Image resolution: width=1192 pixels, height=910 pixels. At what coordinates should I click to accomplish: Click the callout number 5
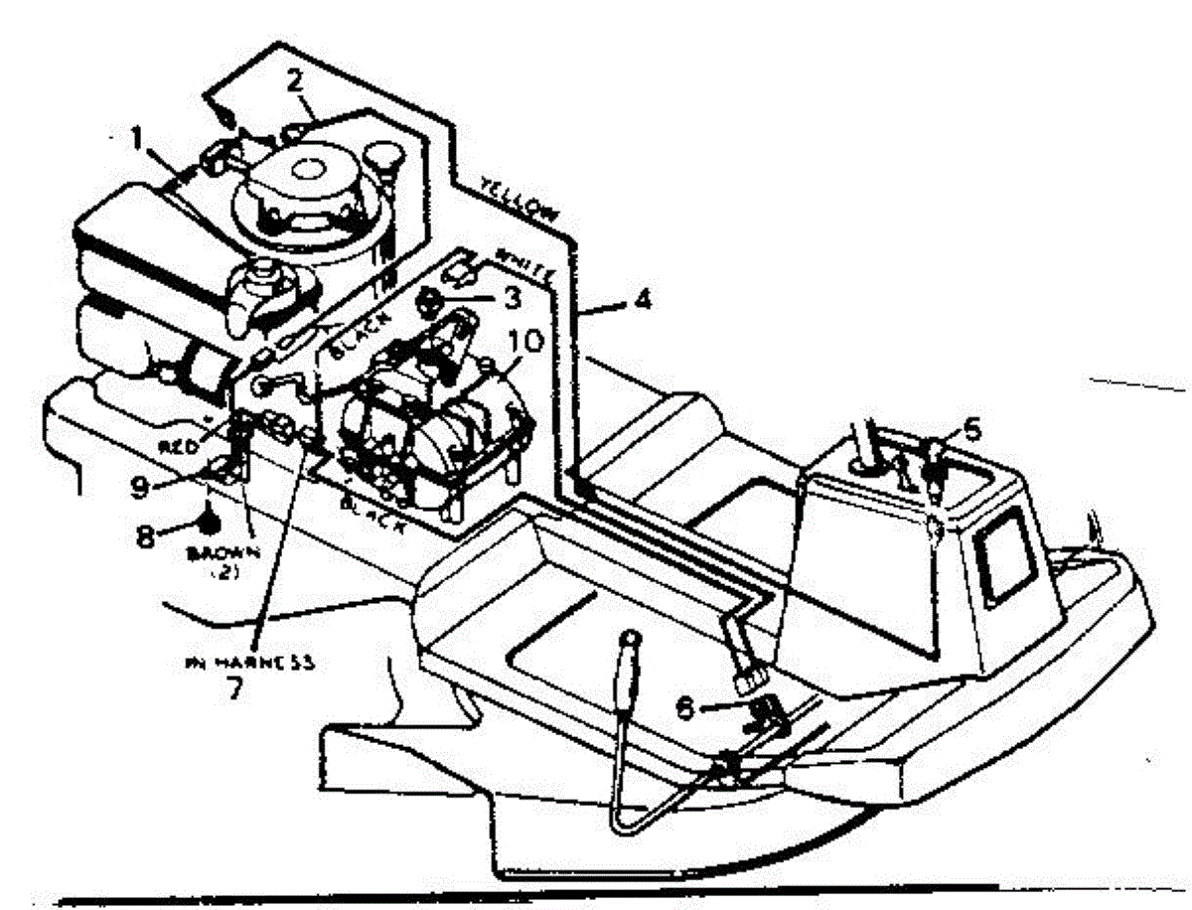tap(972, 430)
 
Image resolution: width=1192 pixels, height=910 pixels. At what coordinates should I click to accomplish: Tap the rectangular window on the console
tap(1006, 561)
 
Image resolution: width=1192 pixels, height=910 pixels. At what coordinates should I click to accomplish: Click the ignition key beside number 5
tap(936, 467)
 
